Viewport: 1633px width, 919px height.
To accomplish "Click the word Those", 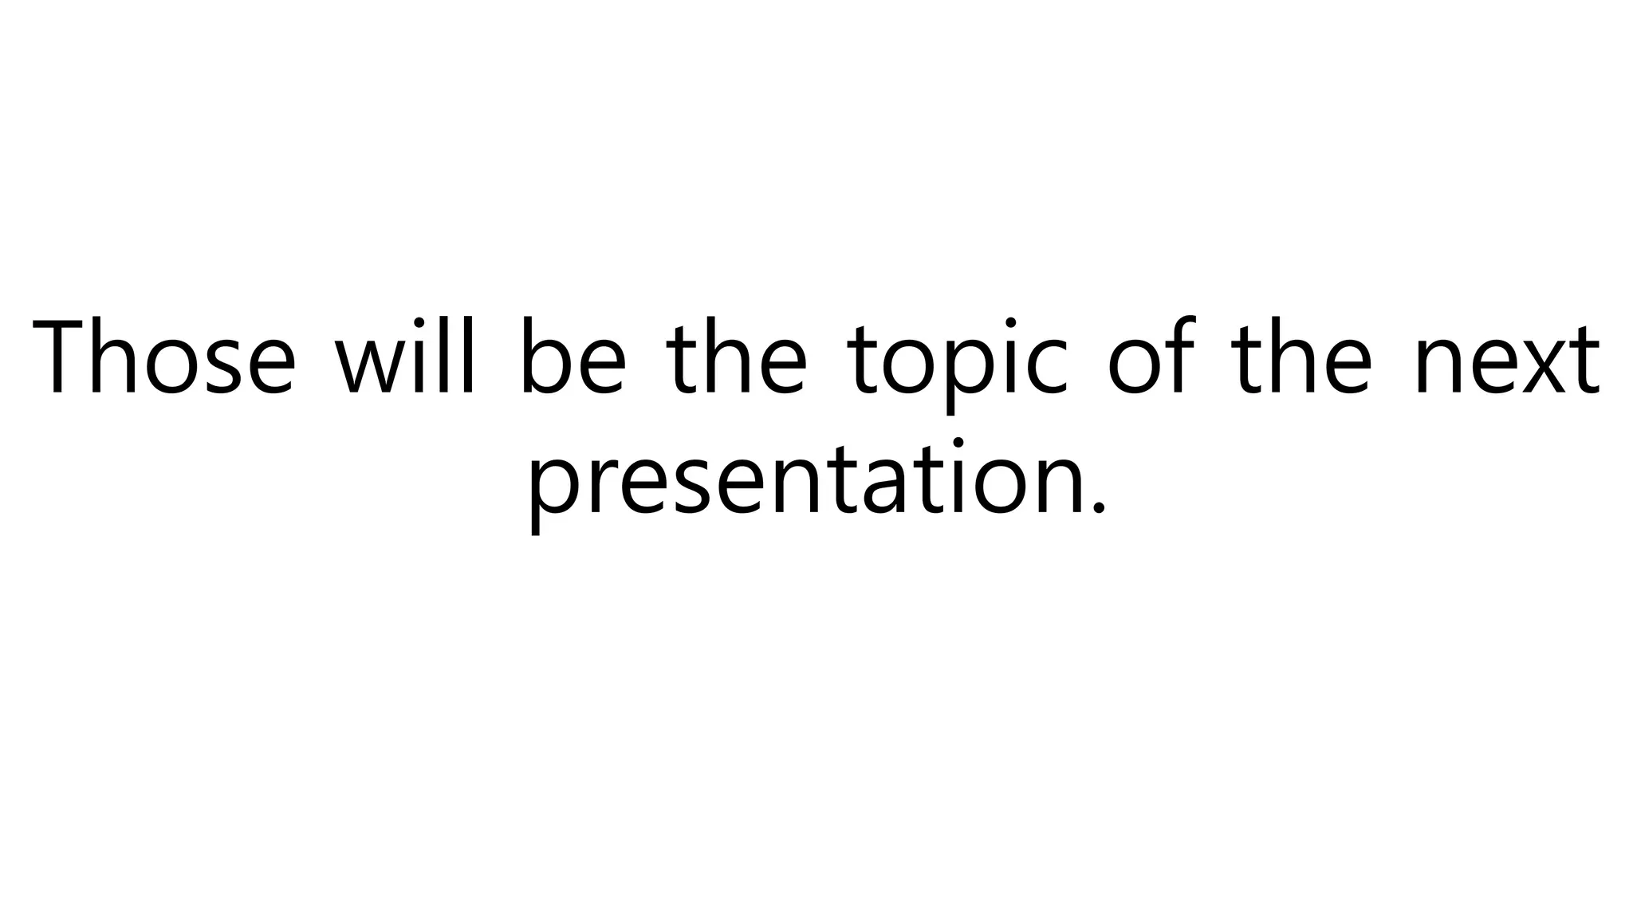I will (164, 357).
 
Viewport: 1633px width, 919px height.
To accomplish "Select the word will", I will (405, 357).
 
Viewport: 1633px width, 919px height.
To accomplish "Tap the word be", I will (573, 357).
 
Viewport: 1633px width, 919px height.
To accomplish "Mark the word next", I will (1507, 363).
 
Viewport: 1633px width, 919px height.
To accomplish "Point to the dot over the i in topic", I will (1009, 324).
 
